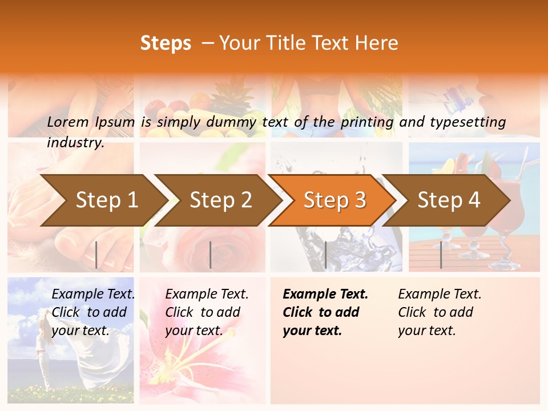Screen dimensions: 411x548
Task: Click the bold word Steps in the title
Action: [166, 43]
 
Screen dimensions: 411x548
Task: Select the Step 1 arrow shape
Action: [103, 200]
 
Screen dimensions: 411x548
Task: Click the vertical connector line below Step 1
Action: [96, 255]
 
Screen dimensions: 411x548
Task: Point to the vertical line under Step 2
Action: [211, 255]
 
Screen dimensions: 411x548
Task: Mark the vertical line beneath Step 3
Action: [325, 255]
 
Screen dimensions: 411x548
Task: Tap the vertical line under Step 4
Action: [441, 255]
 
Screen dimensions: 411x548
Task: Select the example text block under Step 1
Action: [92, 312]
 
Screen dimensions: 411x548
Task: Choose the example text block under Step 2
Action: [206, 312]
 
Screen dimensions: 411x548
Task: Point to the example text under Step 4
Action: [439, 312]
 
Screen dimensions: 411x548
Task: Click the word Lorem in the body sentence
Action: [68, 122]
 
